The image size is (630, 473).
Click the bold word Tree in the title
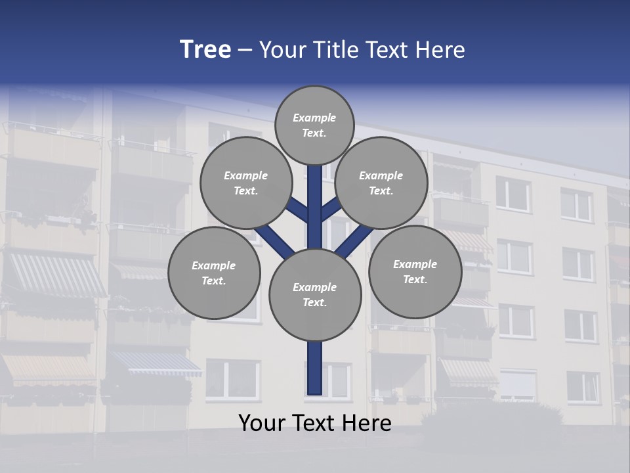[205, 49]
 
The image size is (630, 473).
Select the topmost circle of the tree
[314, 125]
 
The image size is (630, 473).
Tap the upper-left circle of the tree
[245, 183]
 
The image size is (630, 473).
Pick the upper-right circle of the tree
[381, 183]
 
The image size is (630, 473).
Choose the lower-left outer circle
[214, 273]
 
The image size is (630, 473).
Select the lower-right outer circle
[415, 271]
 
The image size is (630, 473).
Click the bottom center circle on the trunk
[314, 294]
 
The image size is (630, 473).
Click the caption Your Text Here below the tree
[314, 423]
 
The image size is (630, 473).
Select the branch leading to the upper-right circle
[331, 209]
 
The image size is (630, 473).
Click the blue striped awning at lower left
[156, 363]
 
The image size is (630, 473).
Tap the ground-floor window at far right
[582, 386]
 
